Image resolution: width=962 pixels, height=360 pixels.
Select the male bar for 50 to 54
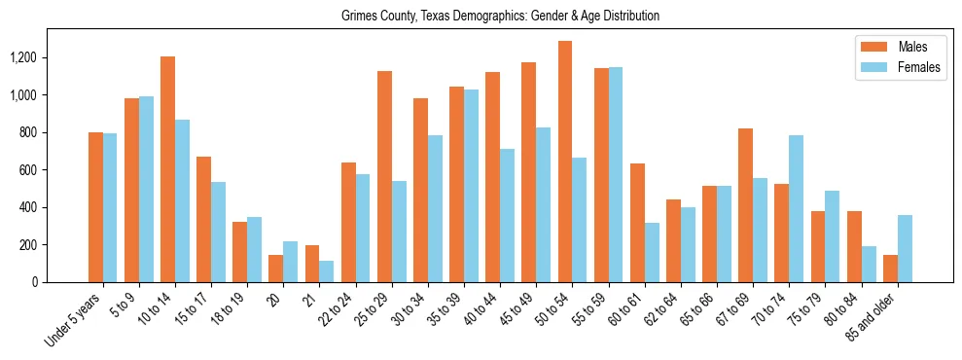(x=564, y=162)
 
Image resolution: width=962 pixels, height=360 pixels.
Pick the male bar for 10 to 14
(x=167, y=169)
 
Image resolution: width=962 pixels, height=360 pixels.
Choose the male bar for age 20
(x=275, y=269)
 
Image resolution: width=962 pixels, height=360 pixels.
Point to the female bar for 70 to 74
(x=796, y=209)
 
